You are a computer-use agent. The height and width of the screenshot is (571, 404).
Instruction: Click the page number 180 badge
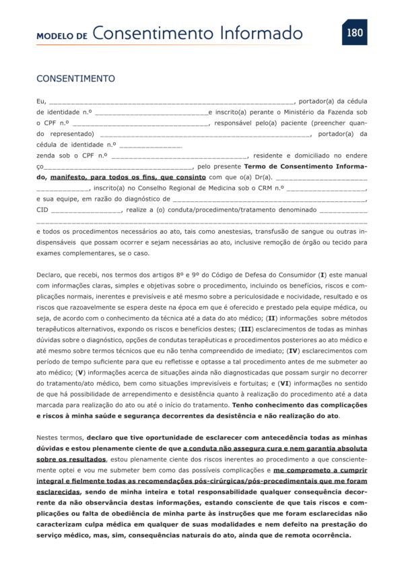click(354, 31)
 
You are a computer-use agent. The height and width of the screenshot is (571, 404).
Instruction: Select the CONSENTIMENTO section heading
click(75, 79)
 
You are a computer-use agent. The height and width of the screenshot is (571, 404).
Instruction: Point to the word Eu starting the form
click(40, 101)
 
